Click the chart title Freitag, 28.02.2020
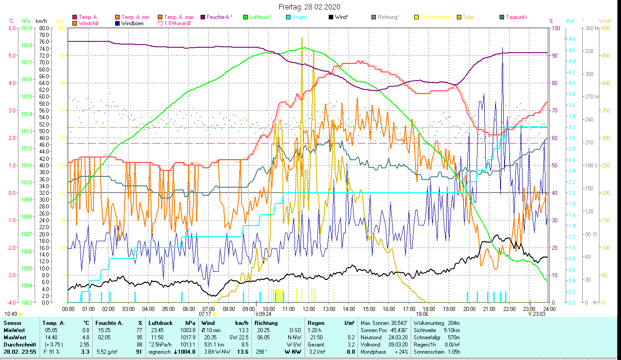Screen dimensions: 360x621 click(309, 7)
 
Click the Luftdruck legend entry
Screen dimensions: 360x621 click(261, 17)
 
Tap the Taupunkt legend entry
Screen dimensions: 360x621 click(516, 17)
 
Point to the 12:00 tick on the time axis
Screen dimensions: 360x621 click(308, 309)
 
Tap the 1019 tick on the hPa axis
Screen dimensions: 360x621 click(27, 28)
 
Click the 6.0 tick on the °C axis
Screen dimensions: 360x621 click(12, 28)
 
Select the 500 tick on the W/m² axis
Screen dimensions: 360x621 click(606, 28)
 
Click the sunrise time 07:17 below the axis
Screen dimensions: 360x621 click(205, 314)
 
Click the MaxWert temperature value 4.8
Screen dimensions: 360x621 click(85, 337)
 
